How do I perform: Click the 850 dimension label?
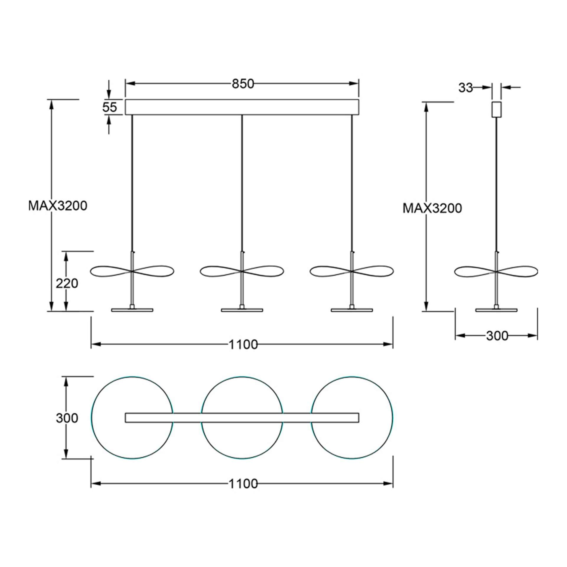(x=242, y=84)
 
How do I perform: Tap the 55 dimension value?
(x=110, y=107)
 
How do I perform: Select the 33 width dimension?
(x=466, y=88)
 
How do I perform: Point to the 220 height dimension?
(x=67, y=283)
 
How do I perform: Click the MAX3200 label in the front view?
(x=58, y=206)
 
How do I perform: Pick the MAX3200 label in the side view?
(x=432, y=208)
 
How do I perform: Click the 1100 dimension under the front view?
(x=243, y=344)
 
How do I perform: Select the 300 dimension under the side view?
(x=497, y=336)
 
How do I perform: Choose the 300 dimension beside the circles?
(x=67, y=418)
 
